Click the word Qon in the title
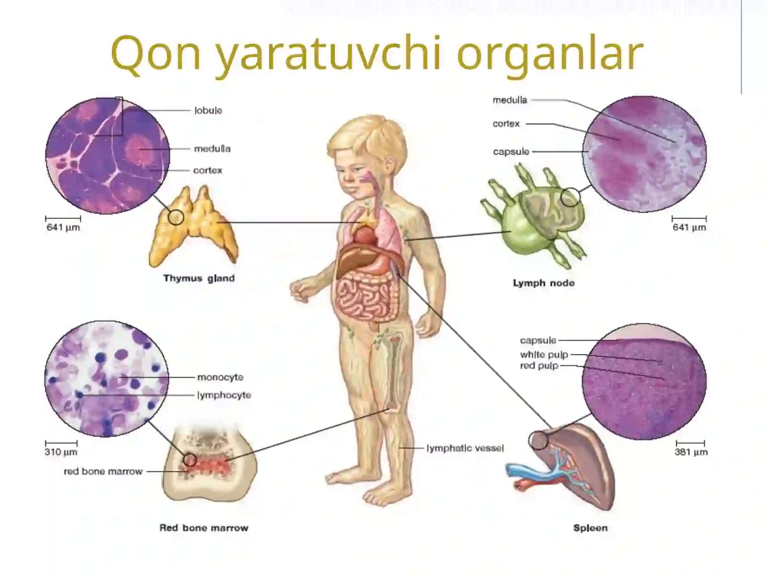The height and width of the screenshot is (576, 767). (156, 53)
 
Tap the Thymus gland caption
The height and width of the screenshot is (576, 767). (199, 278)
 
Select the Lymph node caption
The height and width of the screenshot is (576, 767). (544, 283)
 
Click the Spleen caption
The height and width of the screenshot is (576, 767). (590, 528)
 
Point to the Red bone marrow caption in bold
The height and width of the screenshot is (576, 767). (204, 528)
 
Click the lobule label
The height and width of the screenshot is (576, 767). (208, 110)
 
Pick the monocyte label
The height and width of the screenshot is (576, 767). (220, 377)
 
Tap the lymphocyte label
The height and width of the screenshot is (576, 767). (224, 395)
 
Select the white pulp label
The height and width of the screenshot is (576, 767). (544, 355)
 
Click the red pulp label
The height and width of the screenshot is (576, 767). (539, 366)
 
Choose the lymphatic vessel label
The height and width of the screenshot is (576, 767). (465, 448)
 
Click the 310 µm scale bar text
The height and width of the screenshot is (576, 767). (61, 452)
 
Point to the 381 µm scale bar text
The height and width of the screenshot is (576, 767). (691, 452)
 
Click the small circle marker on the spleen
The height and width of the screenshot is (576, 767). (538, 440)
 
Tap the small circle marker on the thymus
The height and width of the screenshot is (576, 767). (176, 217)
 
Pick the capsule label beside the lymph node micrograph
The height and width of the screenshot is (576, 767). (511, 152)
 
